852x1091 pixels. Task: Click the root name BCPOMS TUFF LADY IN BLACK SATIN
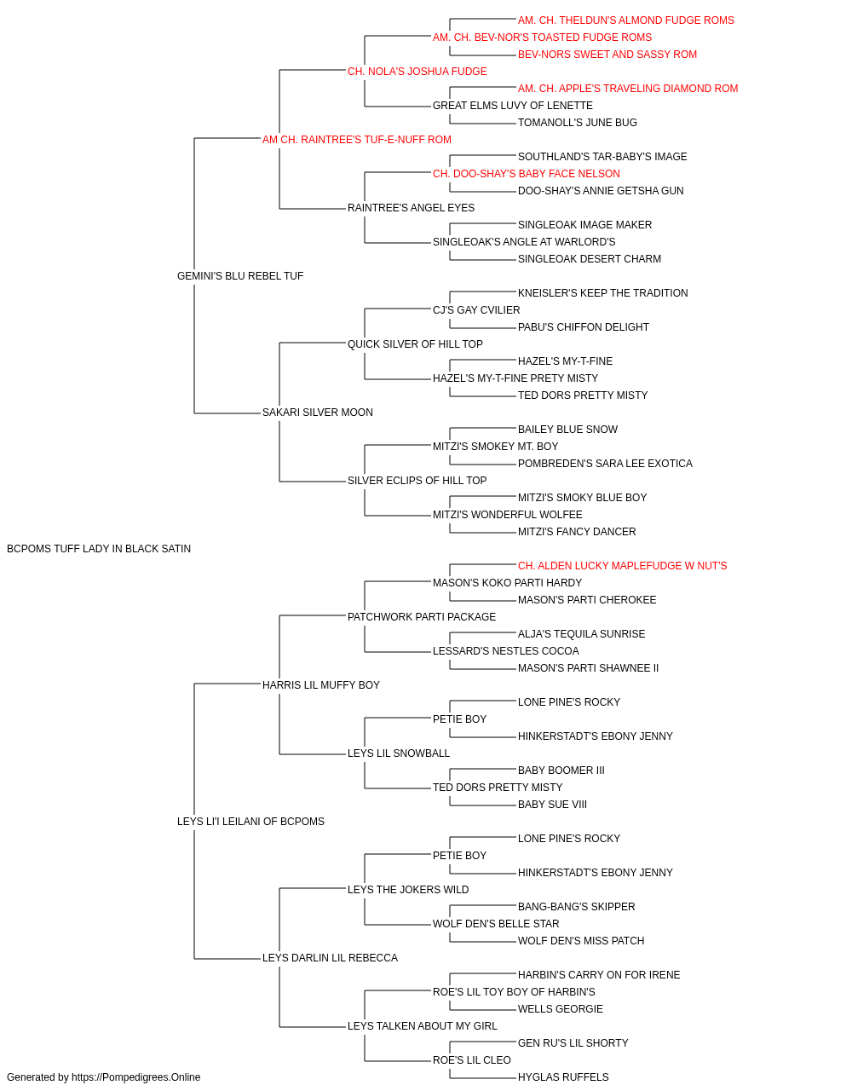(99, 549)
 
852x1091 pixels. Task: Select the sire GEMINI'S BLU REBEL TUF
(240, 276)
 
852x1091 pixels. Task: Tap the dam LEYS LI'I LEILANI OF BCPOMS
(250, 822)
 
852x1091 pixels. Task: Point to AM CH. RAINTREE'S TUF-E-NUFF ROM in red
(357, 140)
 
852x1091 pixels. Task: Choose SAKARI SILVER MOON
(318, 413)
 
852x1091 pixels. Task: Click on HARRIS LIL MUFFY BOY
(321, 684)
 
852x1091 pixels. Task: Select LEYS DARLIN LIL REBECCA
(331, 957)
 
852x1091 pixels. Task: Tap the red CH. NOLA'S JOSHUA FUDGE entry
(417, 72)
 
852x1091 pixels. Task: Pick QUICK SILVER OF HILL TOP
(416, 343)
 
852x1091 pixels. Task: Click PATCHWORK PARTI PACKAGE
(422, 616)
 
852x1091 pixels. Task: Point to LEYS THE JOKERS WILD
(408, 889)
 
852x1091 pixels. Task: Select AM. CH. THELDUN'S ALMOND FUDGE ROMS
(626, 20)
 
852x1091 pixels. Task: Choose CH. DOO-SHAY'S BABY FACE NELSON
(527, 174)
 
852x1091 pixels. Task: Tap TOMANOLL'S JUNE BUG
(578, 123)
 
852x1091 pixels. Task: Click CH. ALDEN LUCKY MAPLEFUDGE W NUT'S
(623, 566)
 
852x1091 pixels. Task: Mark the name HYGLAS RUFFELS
(563, 1077)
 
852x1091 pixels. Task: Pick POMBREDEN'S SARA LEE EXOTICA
(605, 464)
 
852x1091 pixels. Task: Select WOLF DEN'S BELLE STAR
(496, 923)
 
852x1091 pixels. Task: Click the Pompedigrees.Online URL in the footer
(136, 1077)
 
